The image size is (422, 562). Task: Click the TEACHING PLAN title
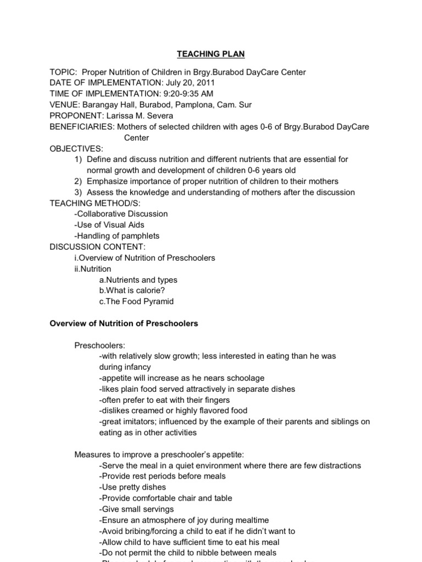point(210,54)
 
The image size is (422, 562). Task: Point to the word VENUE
point(64,105)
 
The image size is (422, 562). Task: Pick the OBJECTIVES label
point(76,149)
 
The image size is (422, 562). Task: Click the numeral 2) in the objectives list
point(77,181)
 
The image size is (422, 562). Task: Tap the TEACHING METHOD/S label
point(90,203)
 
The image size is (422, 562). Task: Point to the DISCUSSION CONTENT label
point(97,247)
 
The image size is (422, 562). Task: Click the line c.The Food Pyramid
point(136,301)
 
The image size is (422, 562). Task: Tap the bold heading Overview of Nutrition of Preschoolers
point(124,323)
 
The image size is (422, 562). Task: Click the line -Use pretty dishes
point(132,487)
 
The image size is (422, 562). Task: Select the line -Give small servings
point(136,509)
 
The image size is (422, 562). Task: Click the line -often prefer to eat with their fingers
point(165,400)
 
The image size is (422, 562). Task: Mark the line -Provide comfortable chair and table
point(166,498)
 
